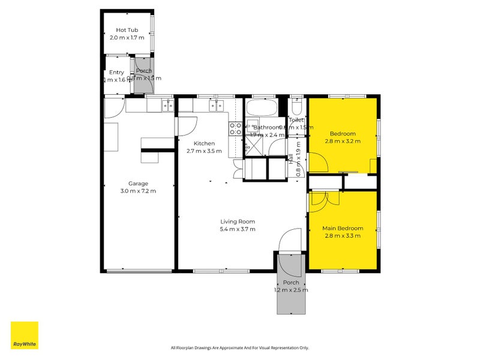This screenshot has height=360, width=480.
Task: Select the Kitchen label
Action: click(204, 143)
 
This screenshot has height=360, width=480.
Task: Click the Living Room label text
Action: click(238, 221)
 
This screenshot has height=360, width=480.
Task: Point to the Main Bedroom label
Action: click(343, 229)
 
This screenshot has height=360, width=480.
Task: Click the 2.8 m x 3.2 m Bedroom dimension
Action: click(343, 141)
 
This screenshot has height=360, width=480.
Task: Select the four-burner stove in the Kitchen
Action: click(235, 127)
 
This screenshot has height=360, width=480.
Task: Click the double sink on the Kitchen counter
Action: click(217, 106)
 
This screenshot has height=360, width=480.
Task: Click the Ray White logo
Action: click(25, 335)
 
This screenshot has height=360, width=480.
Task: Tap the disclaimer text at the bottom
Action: click(239, 347)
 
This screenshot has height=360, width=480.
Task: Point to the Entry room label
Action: click(116, 73)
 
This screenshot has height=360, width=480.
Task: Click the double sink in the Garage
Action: click(167, 106)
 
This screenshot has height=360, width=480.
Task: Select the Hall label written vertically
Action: click(291, 159)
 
